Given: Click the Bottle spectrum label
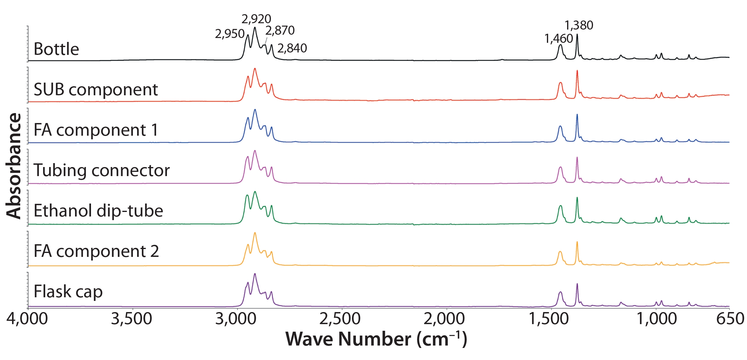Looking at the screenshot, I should click(56, 49).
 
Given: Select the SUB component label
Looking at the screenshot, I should click(96, 90).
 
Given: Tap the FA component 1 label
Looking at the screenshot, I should click(96, 130).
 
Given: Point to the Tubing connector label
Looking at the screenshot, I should click(102, 170).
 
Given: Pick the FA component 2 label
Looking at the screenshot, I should click(96, 251).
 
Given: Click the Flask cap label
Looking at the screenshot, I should click(68, 292).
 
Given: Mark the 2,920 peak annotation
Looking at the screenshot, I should click(256, 19).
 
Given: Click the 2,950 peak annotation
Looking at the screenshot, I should click(230, 34).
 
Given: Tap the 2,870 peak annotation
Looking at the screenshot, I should click(280, 30).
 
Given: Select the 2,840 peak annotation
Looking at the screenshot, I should click(292, 48).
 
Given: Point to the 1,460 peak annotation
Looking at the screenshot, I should click(559, 39).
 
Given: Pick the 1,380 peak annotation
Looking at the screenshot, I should click(579, 25).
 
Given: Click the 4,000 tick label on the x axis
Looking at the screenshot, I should click(27, 319).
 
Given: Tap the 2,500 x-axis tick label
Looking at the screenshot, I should click(340, 319).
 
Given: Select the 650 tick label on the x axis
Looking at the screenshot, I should click(730, 319).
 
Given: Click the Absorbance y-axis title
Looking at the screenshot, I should click(14, 166).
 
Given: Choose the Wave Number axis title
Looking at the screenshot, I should click(376, 339).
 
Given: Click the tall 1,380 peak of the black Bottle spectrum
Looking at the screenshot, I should click(577, 35).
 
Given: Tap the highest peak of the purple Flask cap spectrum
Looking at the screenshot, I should click(255, 274).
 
